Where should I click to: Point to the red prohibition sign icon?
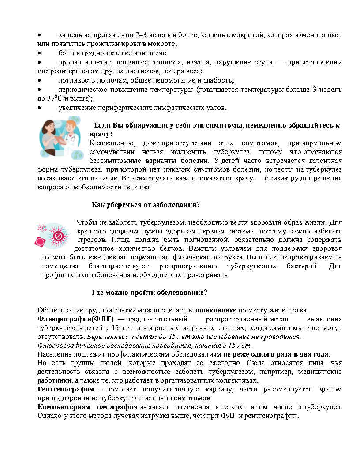58,237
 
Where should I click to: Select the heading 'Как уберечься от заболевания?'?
146,205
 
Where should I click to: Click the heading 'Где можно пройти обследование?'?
150,293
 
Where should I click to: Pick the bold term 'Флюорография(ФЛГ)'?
75,319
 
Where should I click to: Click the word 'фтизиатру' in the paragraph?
277,178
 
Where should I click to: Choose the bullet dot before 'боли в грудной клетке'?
39,53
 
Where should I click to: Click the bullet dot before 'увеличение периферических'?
39,108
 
